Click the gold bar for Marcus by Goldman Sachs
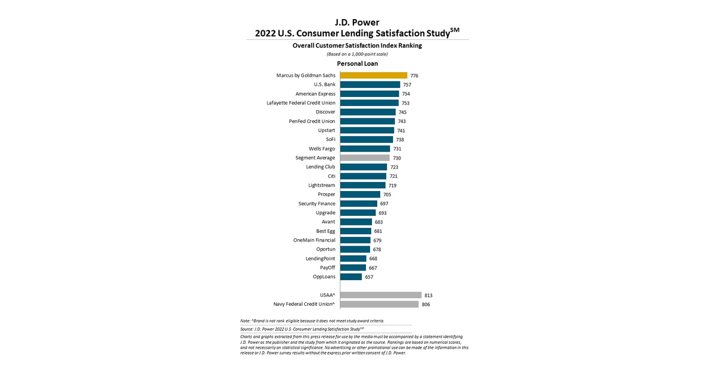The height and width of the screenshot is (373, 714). [x=373, y=76]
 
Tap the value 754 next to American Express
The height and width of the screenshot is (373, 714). [x=406, y=94]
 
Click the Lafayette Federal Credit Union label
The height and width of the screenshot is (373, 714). [x=300, y=103]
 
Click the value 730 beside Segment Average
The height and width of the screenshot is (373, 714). [x=397, y=158]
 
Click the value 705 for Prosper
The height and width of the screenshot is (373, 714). [x=387, y=195]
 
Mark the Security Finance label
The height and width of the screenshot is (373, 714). [x=317, y=203]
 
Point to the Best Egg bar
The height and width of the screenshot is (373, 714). [x=355, y=231]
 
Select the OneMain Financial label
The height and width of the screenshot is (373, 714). [x=314, y=240]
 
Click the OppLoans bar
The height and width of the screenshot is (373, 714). [x=350, y=277]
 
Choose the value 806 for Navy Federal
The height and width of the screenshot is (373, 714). [x=425, y=305]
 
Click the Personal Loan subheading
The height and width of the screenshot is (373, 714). [x=357, y=64]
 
